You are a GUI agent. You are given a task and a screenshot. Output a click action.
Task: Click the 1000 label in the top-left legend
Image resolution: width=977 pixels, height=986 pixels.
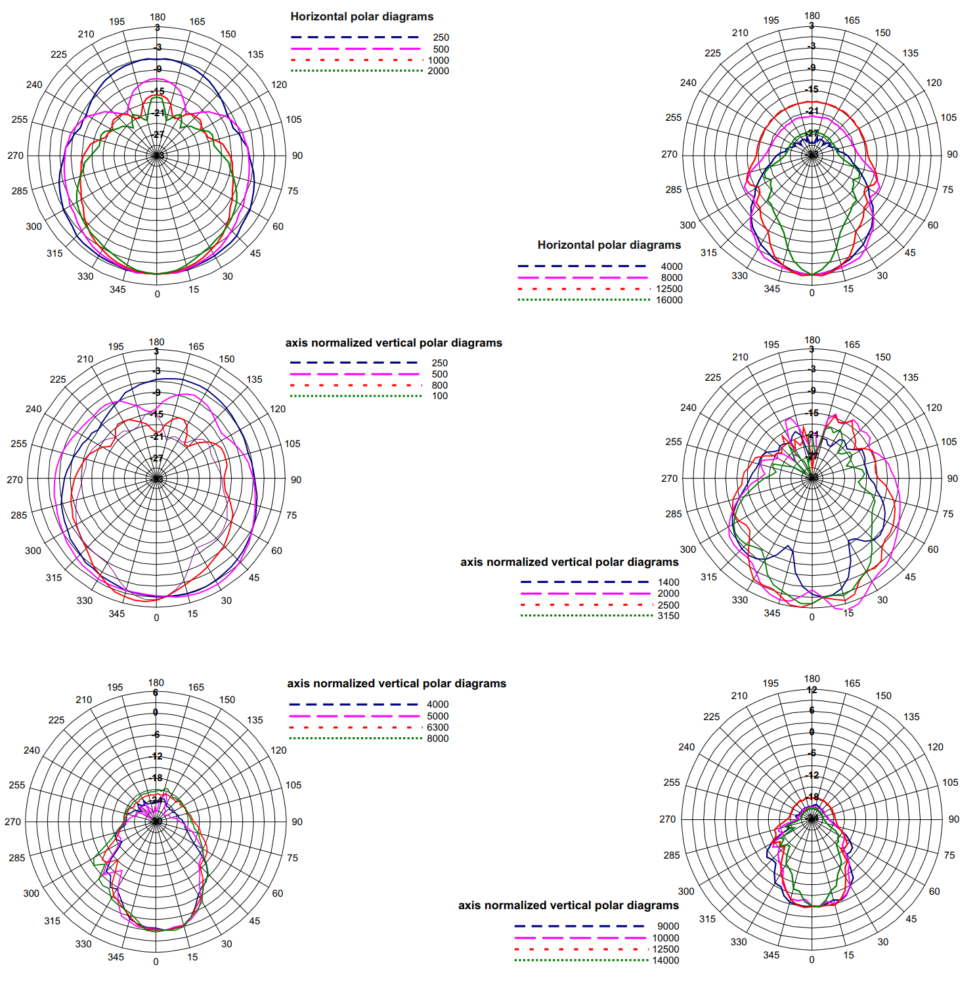(x=438, y=60)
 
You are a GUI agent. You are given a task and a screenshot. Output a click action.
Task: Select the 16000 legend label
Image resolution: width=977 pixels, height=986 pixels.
(x=669, y=300)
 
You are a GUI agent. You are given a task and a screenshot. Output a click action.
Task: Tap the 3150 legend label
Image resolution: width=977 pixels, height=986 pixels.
(x=668, y=616)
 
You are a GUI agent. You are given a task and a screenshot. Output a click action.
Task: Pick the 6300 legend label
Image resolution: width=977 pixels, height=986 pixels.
(x=437, y=727)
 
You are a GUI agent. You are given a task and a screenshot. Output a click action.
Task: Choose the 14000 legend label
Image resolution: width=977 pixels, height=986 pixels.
(x=665, y=960)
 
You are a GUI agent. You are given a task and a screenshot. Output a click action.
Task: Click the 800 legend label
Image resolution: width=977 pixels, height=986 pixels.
(x=439, y=385)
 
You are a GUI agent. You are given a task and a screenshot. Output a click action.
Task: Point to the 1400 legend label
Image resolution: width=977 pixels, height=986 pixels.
(x=668, y=582)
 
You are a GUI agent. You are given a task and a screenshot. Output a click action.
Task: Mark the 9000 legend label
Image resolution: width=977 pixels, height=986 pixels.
(x=668, y=926)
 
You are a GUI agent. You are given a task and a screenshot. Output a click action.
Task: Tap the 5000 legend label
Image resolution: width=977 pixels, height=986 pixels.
(x=437, y=716)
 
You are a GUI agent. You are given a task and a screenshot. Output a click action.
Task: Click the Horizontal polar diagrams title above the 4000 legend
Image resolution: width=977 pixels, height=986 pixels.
(x=609, y=245)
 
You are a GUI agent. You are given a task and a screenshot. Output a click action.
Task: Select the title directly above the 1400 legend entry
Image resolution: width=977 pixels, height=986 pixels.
(x=569, y=562)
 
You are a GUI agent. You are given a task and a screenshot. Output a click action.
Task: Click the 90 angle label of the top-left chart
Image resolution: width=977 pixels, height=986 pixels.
(x=297, y=156)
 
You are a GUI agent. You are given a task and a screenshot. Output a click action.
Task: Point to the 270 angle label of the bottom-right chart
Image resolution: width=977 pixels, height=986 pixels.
(x=667, y=819)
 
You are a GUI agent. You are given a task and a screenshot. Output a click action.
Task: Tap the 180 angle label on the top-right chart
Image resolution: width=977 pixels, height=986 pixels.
(x=812, y=16)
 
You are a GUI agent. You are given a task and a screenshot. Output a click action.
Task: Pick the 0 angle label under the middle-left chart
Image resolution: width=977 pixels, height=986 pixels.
(x=156, y=618)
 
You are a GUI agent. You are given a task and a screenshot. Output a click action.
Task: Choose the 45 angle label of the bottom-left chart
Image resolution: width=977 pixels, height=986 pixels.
(x=254, y=921)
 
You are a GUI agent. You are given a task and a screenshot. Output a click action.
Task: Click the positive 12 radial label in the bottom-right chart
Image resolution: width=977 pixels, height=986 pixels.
(x=812, y=690)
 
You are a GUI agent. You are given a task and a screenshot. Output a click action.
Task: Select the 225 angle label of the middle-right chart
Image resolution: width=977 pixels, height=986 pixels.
(x=712, y=377)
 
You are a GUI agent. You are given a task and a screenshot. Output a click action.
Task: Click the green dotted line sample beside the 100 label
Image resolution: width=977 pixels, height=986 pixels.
(x=355, y=396)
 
